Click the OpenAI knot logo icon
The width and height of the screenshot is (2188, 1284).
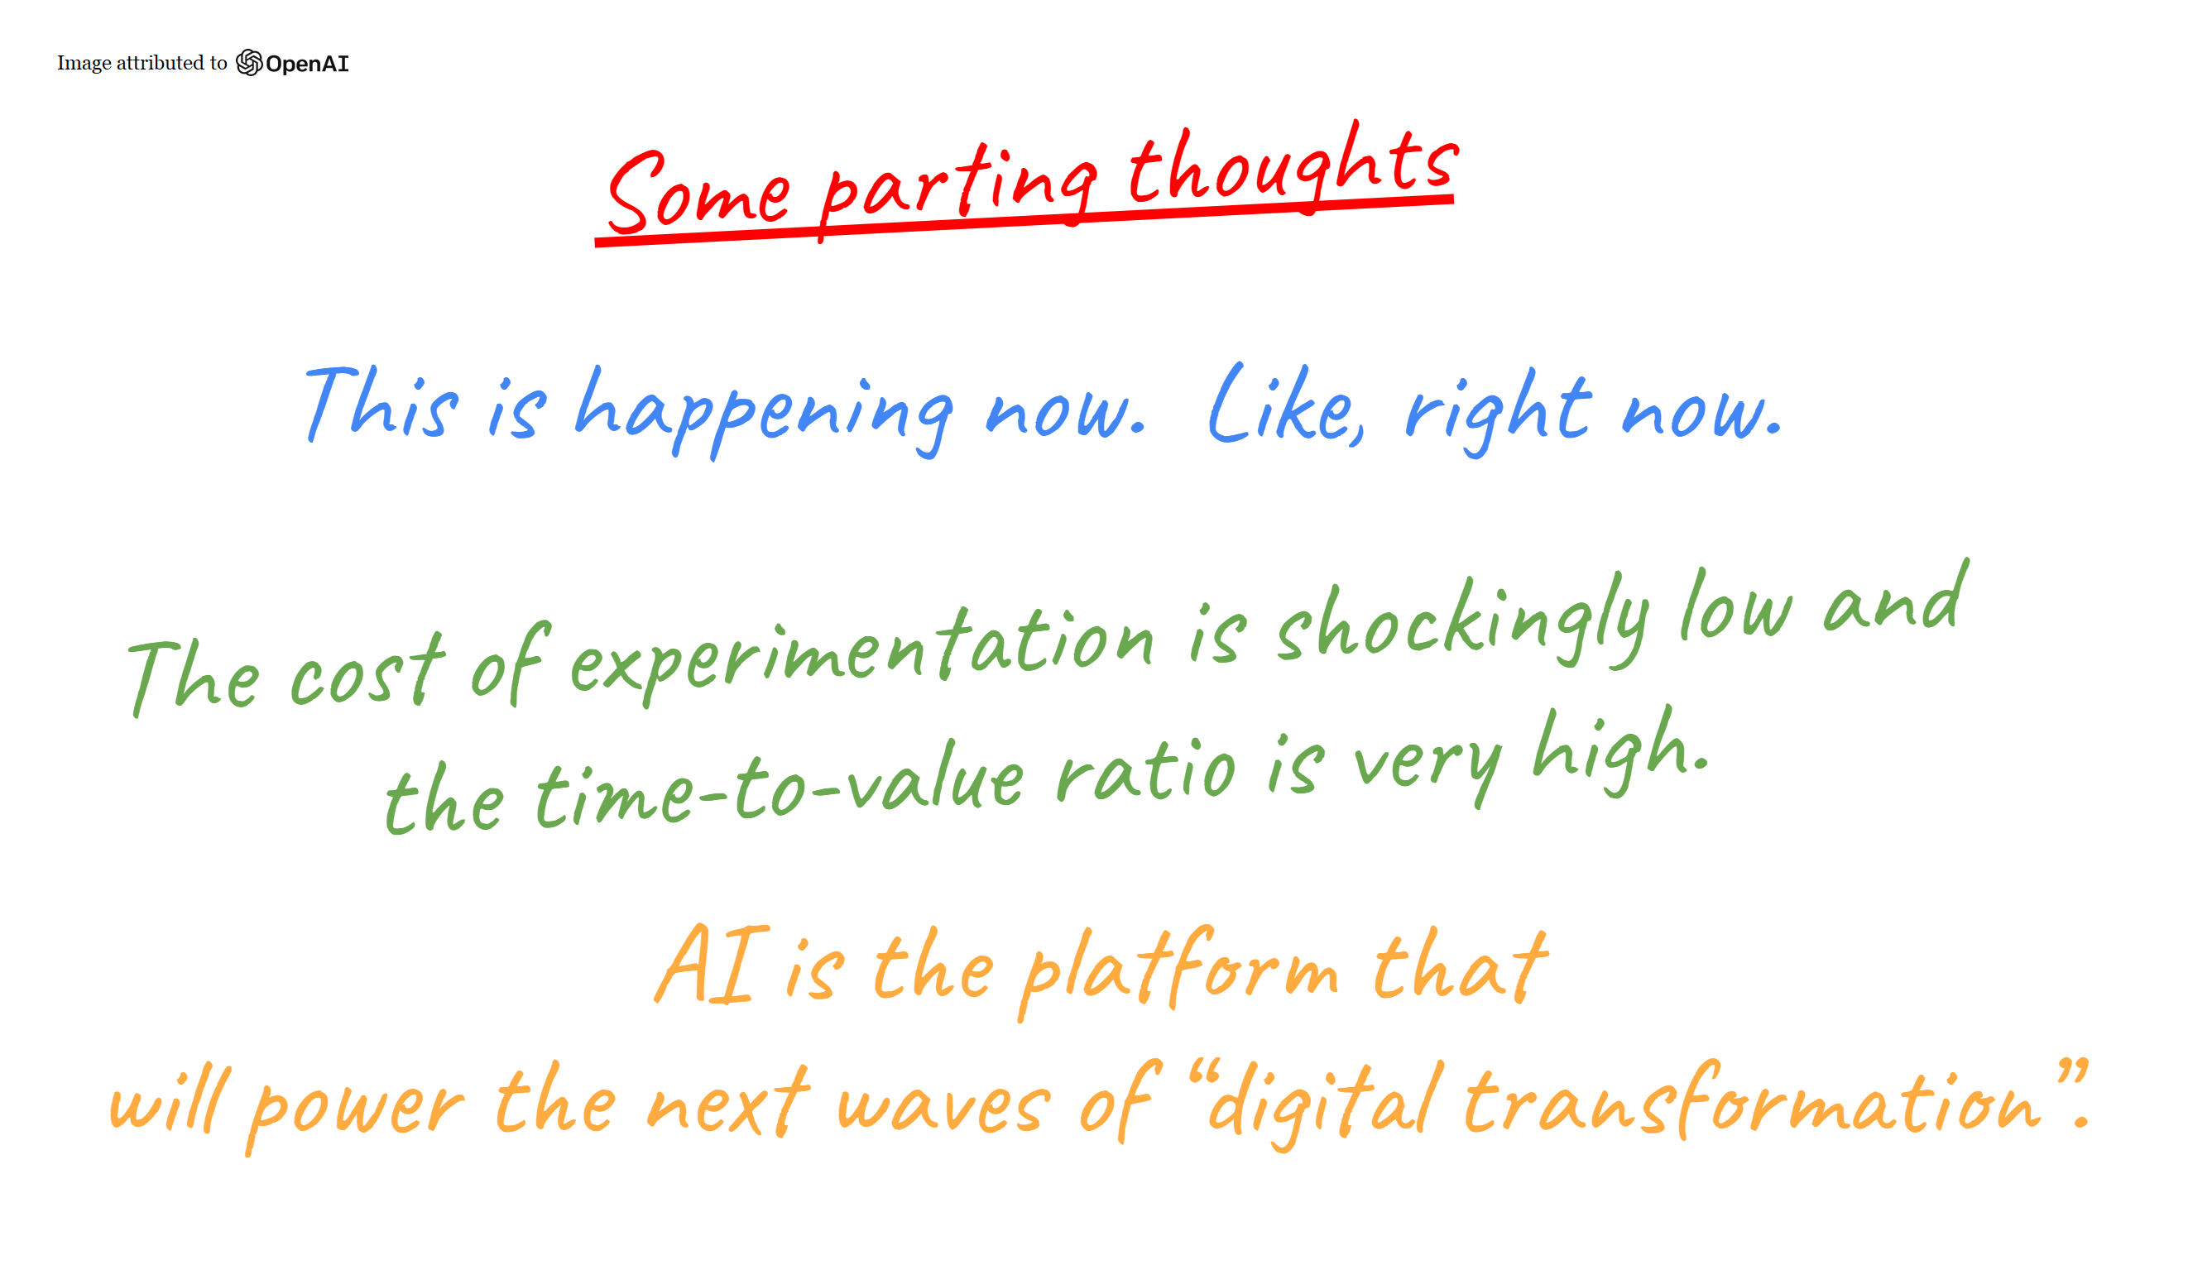coord(249,63)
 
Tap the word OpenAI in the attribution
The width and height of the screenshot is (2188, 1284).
coord(307,64)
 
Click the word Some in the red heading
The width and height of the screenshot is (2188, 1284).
coord(699,193)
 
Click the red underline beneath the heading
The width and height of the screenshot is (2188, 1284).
coord(1024,222)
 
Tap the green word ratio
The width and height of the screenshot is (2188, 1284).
coord(1146,769)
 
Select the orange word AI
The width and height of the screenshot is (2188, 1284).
coord(712,965)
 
